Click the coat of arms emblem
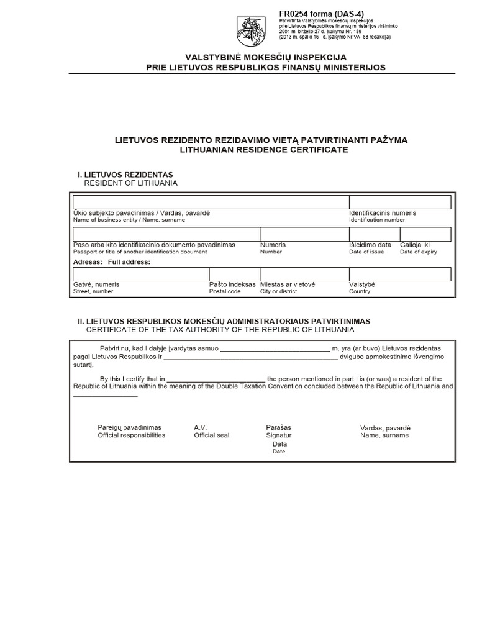[250, 30]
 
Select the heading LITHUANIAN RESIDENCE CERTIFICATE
[264, 150]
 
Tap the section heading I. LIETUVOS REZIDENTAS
[125, 175]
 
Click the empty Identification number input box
[400, 202]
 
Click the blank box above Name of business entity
[211, 202]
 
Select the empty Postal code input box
[234, 274]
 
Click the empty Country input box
[400, 274]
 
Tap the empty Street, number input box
[141, 274]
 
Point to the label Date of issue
[366, 252]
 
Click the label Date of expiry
[419, 252]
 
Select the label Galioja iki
[415, 245]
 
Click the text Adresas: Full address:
[112, 262]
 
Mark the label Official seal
[212, 435]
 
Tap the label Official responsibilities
[132, 435]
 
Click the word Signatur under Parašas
[279, 435]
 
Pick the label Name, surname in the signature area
[384, 435]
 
